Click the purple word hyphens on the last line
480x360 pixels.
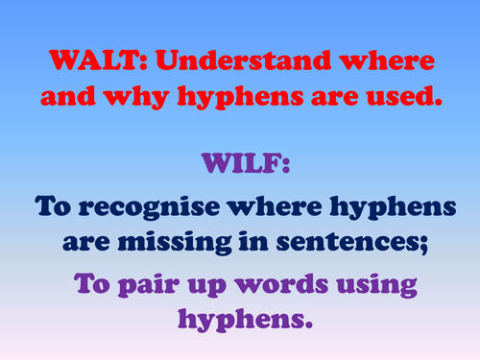pos(241,319)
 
